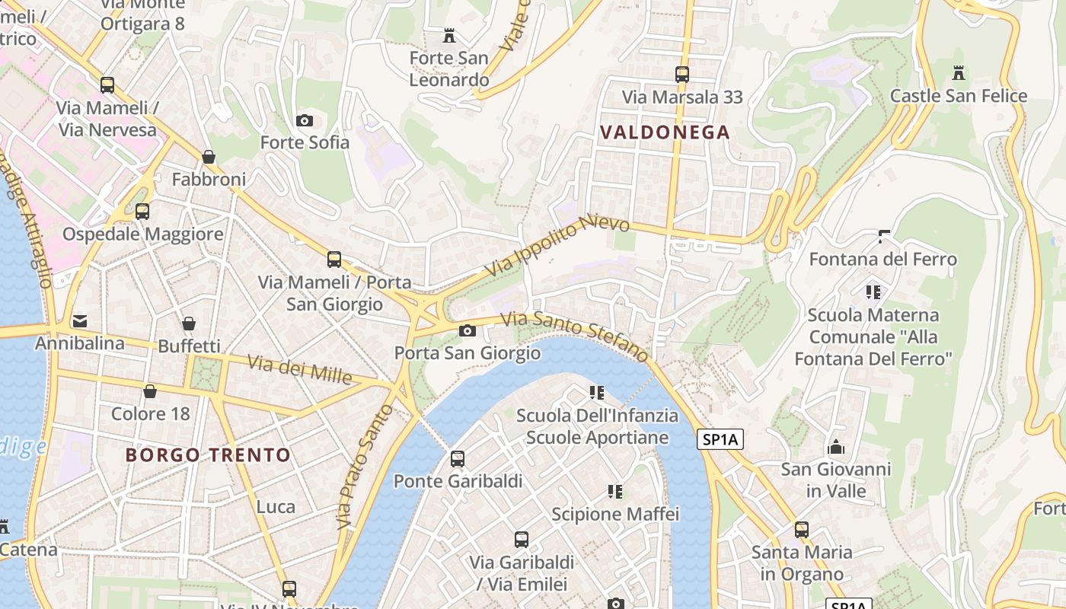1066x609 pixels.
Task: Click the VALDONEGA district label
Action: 665,132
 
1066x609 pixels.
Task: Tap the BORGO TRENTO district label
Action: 208,455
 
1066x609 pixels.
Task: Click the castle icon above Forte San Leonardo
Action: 449,35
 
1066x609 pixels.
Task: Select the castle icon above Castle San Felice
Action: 959,73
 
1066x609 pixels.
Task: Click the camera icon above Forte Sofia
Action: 305,120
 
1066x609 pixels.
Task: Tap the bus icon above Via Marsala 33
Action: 682,75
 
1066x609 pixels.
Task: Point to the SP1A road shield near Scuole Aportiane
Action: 720,439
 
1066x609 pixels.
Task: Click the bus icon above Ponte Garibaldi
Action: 458,459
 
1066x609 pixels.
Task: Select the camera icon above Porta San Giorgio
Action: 468,330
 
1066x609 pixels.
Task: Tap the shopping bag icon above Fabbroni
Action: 209,157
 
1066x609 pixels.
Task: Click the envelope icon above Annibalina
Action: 80,321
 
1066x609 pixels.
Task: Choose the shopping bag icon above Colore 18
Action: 150,391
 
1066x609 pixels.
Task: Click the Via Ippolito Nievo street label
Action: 558,245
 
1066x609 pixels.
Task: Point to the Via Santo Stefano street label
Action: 575,336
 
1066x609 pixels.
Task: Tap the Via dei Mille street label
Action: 300,369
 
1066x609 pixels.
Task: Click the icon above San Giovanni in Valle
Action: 836,447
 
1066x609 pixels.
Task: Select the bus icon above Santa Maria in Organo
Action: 802,529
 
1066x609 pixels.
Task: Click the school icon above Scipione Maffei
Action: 615,492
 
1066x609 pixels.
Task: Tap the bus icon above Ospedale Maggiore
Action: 142,212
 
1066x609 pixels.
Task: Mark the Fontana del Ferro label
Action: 882,260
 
